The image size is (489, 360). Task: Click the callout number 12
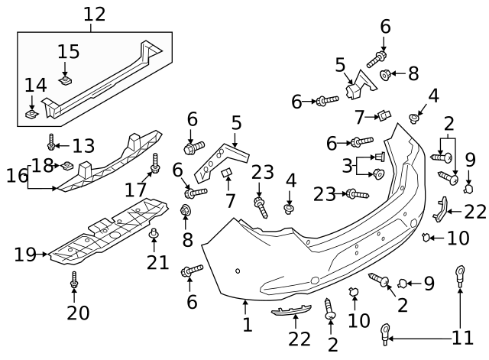click(94, 14)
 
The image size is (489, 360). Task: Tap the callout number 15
click(69, 52)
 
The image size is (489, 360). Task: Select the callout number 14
click(35, 85)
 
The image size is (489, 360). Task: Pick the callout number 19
click(24, 255)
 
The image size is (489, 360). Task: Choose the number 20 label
click(77, 312)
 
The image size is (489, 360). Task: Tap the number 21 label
click(157, 262)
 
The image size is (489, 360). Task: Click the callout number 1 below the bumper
click(247, 326)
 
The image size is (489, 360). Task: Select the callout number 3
click(347, 166)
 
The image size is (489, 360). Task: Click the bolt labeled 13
click(51, 143)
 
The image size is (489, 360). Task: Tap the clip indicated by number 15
click(65, 79)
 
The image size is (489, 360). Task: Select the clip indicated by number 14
click(32, 115)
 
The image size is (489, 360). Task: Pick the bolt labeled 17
click(156, 162)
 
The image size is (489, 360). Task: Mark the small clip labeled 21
click(153, 232)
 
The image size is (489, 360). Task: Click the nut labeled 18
click(66, 165)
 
